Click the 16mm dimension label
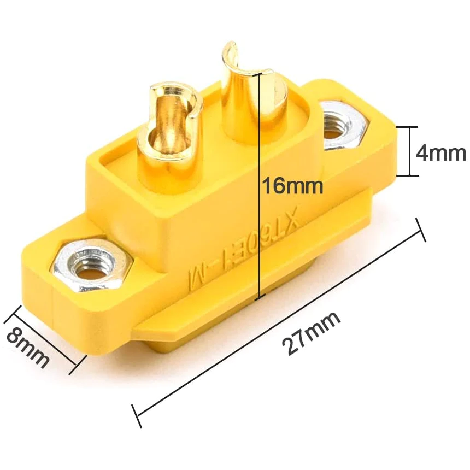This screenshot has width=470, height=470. (x=292, y=186)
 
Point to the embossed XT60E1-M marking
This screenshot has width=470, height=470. (x=243, y=249)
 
